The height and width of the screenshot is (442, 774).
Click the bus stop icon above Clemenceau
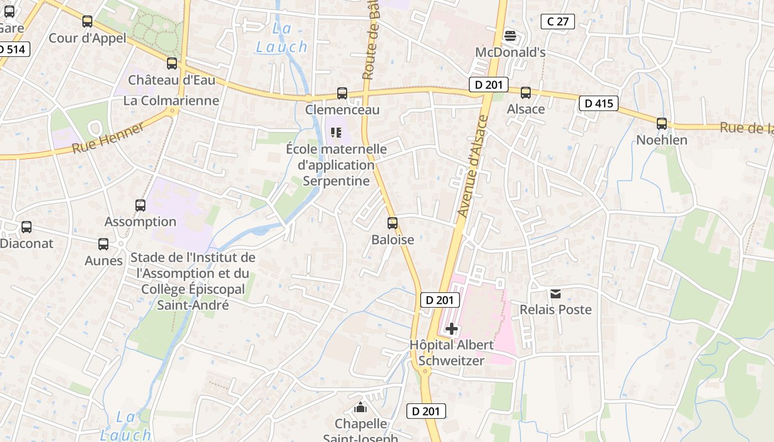click(342, 93)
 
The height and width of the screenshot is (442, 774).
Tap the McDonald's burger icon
click(510, 36)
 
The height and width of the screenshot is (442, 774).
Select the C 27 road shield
click(557, 22)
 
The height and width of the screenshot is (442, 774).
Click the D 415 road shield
click(598, 103)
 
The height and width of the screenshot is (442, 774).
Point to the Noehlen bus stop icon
click(662, 124)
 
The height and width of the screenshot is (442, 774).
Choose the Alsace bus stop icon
click(526, 93)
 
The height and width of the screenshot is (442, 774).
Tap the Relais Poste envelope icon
click(556, 293)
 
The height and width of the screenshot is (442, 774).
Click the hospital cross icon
click(452, 329)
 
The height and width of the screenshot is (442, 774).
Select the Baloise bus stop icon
click(393, 223)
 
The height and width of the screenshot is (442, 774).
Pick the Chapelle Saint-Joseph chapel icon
click(361, 408)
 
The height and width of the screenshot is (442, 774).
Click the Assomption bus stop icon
click(140, 206)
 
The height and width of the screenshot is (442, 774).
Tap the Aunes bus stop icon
click(103, 244)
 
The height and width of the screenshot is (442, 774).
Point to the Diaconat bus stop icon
click(27, 227)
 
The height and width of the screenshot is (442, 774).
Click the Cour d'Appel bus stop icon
click(87, 22)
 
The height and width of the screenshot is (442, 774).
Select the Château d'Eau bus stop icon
click(172, 64)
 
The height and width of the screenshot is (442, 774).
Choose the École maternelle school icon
click(336, 133)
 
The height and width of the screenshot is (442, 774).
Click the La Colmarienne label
click(171, 101)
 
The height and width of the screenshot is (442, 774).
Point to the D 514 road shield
click(12, 49)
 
